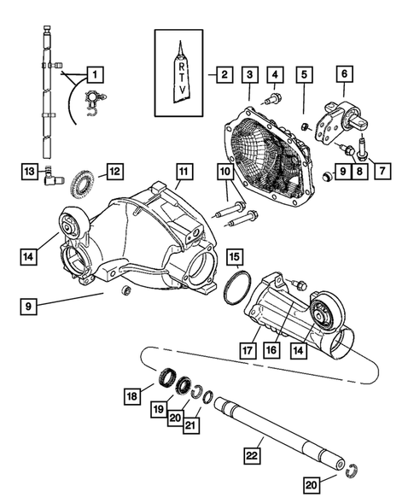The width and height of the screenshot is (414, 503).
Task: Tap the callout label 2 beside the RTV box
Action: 223,74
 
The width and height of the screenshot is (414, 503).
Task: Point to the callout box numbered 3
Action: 249,75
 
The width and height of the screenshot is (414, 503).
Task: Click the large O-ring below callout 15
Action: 236,286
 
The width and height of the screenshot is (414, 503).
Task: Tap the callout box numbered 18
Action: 132,396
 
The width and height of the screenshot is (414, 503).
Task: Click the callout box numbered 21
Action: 191,424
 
